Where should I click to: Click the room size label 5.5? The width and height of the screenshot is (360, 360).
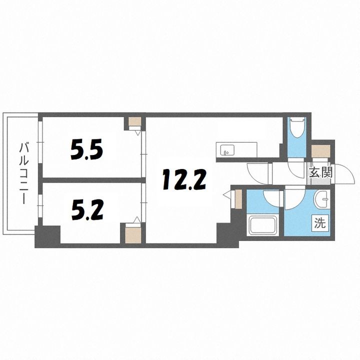coord(86,150)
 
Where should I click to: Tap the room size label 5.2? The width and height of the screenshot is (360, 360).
coord(87,210)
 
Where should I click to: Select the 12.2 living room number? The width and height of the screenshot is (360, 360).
coord(184,179)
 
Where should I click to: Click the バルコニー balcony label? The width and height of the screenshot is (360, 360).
coord(24,173)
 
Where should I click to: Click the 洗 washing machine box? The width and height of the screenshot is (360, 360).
coord(320,222)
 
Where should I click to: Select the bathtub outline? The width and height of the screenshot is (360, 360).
coord(263,225)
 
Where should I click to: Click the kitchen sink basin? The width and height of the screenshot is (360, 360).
coord(227,150)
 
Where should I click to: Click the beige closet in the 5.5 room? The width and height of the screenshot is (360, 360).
coord(135,121)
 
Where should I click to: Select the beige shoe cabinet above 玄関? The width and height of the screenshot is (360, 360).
coord(321,151)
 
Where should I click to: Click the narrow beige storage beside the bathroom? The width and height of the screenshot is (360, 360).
coord(238,199)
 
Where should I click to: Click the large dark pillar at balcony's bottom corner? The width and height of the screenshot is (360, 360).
coord(47,236)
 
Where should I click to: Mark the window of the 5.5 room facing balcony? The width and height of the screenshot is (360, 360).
coord(40,142)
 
